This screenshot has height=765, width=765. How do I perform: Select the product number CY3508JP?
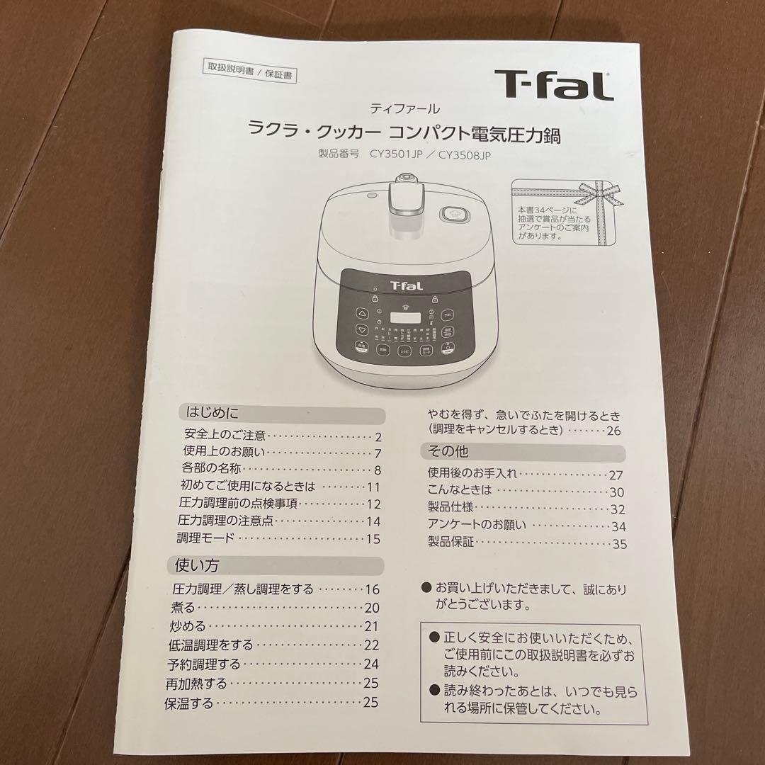(x=464, y=155)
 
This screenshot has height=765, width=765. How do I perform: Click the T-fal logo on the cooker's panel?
(x=406, y=285)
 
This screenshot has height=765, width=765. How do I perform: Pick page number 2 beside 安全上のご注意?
(x=379, y=436)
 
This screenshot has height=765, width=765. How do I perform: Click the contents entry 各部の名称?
(x=212, y=470)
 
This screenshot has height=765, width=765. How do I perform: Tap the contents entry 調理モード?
(x=205, y=538)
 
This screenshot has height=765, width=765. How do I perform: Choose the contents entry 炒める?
(x=188, y=626)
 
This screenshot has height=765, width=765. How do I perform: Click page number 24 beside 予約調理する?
(x=371, y=664)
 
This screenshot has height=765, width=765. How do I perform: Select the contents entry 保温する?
(x=189, y=703)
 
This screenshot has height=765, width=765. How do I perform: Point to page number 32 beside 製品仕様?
(x=618, y=509)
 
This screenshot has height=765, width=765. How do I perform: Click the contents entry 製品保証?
(x=451, y=543)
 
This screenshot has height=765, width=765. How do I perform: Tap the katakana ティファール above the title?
(x=404, y=109)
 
